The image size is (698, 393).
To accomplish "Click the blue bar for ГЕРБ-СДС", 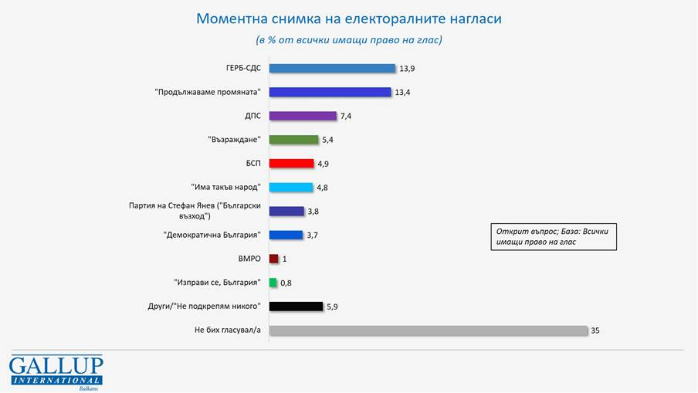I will pyautogui.click(x=332, y=68).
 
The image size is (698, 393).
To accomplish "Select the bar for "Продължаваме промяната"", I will pyautogui.click(x=330, y=92).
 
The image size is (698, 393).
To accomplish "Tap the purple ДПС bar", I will pyautogui.click(x=303, y=116).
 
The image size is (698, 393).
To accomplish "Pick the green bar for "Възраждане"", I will pyautogui.click(x=293, y=140).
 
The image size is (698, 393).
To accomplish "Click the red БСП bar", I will pyautogui.click(x=291, y=164).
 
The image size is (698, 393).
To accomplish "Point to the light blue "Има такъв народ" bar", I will pyautogui.click(x=291, y=188).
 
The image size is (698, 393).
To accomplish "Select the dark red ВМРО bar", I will pyautogui.click(x=273, y=259).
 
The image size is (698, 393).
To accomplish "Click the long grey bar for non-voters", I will pyautogui.click(x=429, y=330).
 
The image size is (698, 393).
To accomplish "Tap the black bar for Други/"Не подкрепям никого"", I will pyautogui.click(x=296, y=307).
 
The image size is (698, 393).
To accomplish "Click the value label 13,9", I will pyautogui.click(x=407, y=69).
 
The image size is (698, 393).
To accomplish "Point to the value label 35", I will pyautogui.click(x=595, y=330).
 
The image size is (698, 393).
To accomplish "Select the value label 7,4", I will pyautogui.click(x=346, y=116).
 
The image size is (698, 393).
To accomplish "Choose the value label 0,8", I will pyautogui.click(x=286, y=283).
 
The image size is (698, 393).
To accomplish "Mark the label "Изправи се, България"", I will pyautogui.click(x=217, y=283).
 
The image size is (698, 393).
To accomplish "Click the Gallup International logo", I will pyautogui.click(x=56, y=372).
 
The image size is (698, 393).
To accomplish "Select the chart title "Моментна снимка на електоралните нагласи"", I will pyautogui.click(x=349, y=18).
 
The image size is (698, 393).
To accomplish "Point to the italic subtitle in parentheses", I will pyautogui.click(x=349, y=39).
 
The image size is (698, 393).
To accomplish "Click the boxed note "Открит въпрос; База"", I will pyautogui.click(x=554, y=236).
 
